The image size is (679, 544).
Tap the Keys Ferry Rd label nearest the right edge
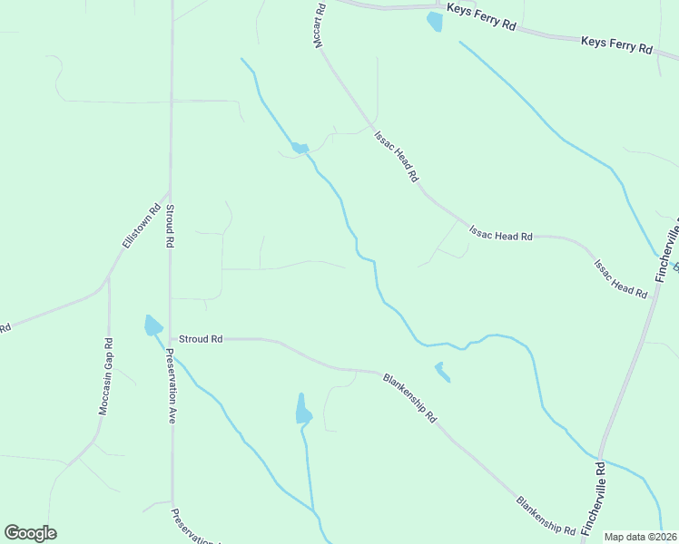pos(616,45)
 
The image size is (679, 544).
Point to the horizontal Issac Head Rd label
pos(499,236)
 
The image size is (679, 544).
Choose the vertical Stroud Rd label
pos(169,228)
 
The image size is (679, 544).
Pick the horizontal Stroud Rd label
pos(201,339)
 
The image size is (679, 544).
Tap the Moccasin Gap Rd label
pos(107,376)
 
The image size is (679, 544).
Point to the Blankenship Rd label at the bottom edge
pos(546,514)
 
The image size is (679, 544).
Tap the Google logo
pos(30,533)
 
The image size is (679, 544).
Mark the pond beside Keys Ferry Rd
pos(435,21)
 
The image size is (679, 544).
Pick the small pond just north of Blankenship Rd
pos(442,372)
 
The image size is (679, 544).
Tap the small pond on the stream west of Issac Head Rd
pos(300,148)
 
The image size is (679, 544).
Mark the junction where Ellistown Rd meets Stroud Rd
pos(169,192)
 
